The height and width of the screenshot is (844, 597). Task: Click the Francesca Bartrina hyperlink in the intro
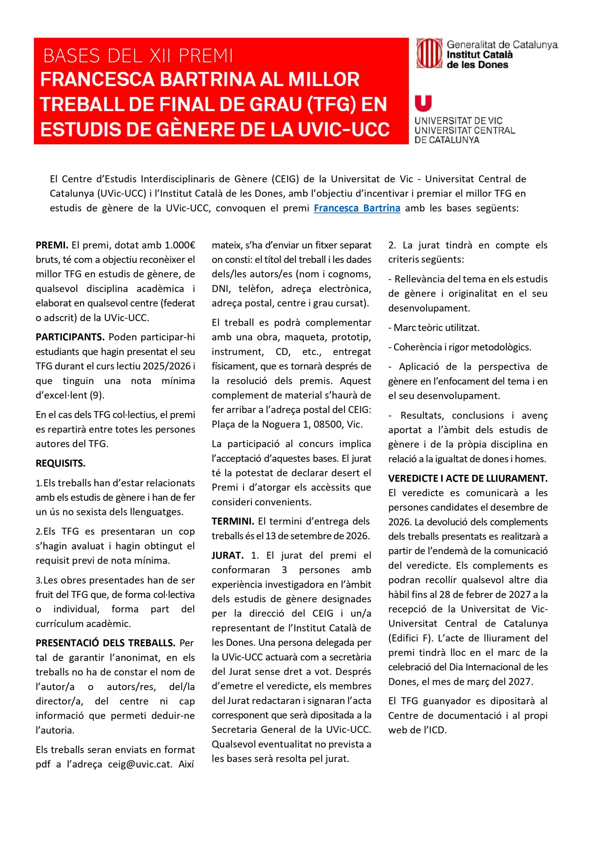tap(357, 208)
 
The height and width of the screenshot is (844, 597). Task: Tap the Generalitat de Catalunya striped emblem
tap(429, 54)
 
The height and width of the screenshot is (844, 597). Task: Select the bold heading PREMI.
tap(52, 245)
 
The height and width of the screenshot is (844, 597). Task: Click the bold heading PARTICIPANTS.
tap(70, 337)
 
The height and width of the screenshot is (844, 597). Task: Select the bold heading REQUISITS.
tap(60, 464)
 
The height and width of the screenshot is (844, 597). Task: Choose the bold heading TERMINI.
tap(232, 521)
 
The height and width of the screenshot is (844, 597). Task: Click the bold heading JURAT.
tap(227, 556)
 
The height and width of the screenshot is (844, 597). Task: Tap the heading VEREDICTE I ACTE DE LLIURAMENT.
tap(467, 479)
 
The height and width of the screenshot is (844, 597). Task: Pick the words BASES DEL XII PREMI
tap(138, 56)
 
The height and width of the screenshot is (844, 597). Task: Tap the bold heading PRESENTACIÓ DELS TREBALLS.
tap(105, 643)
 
